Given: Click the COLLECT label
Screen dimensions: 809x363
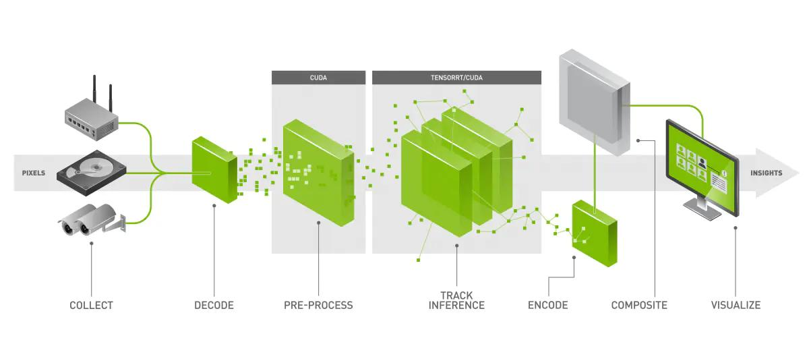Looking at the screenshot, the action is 92,305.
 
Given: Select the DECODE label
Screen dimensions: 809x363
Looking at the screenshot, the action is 214,305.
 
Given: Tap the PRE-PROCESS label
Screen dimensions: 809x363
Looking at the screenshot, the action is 318,305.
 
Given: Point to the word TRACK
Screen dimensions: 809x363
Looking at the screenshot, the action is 456,296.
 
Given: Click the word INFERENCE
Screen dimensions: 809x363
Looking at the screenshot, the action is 456,305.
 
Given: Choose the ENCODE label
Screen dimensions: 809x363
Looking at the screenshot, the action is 548,305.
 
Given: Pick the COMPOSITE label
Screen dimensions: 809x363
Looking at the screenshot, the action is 639,305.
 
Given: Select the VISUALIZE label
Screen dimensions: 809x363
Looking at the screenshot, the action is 736,305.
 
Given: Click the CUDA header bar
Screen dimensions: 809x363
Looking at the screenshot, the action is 318,78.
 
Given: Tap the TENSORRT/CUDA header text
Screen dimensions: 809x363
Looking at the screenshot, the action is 456,78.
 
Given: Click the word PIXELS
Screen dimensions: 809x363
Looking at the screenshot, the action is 34,173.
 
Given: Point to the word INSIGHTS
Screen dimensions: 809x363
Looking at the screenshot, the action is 767,173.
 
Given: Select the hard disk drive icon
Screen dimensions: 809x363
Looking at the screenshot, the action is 92,173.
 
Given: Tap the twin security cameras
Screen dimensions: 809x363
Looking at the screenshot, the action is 92,220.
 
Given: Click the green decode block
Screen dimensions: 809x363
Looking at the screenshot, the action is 214,169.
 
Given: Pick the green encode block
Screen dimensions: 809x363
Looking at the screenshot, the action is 595,233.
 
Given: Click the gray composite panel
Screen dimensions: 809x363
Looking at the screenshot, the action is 595,103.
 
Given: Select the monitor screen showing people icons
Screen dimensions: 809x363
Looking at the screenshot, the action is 702,167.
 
